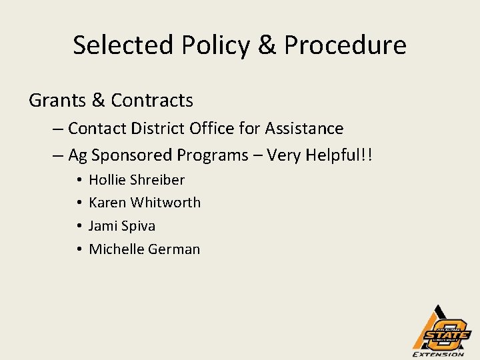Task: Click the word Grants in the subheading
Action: pyautogui.click(x=57, y=101)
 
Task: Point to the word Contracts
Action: pyautogui.click(x=152, y=101)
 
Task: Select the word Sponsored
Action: pyautogui.click(x=133, y=155)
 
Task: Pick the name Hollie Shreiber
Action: pyautogui.click(x=137, y=180)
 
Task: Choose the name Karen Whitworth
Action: pyautogui.click(x=145, y=203)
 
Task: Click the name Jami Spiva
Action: pyautogui.click(x=122, y=226)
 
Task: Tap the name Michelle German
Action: pyautogui.click(x=145, y=249)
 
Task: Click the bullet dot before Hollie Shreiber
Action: pyautogui.click(x=79, y=180)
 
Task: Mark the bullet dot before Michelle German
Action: pyautogui.click(x=79, y=249)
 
